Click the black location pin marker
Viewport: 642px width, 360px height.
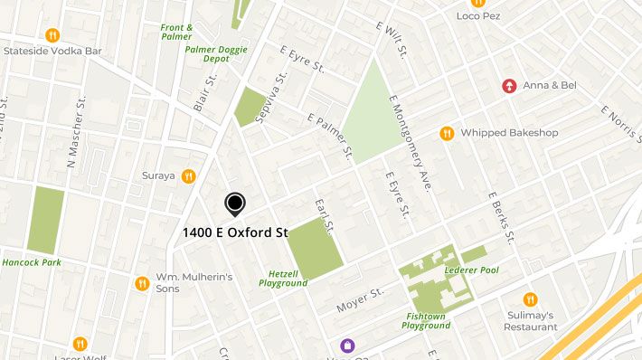[x=235, y=204]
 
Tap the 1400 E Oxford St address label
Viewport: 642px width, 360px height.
[x=235, y=232]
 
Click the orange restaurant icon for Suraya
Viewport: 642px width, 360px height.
[x=188, y=175]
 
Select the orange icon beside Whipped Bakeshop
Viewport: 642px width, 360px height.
[x=446, y=133]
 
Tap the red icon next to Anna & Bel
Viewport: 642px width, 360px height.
[x=510, y=87]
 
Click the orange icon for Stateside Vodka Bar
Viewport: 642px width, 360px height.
[x=53, y=36]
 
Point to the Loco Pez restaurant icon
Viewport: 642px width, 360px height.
[x=477, y=3]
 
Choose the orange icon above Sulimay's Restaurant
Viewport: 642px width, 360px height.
[x=530, y=299]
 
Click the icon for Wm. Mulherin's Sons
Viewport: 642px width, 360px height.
[x=142, y=283]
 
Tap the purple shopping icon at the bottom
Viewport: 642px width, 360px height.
[x=345, y=345]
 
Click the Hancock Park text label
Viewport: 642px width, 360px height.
[x=31, y=263]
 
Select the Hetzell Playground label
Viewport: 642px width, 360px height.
[x=283, y=278]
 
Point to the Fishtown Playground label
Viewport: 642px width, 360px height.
[x=426, y=320]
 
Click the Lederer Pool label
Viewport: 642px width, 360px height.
[x=471, y=270]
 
